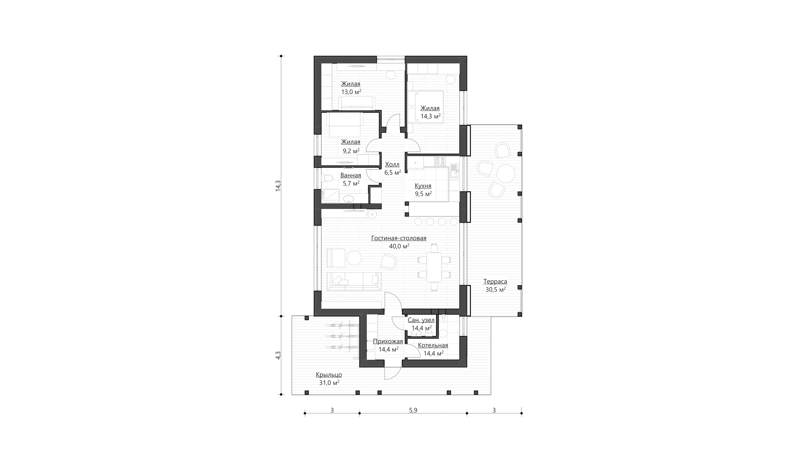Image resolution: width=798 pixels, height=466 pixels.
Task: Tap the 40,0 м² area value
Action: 399,246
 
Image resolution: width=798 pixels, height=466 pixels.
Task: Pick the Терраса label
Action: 495,281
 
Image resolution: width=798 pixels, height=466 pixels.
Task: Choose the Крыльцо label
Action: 329,375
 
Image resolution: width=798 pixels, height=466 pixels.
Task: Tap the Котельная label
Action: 433,345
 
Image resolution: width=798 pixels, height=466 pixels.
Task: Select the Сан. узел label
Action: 421,320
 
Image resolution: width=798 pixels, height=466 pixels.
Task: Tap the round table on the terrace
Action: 506,174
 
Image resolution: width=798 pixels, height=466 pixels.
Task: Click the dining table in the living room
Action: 434,267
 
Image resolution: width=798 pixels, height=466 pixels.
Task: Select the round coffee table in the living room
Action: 354,258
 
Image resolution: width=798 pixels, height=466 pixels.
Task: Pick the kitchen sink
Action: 454,171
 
